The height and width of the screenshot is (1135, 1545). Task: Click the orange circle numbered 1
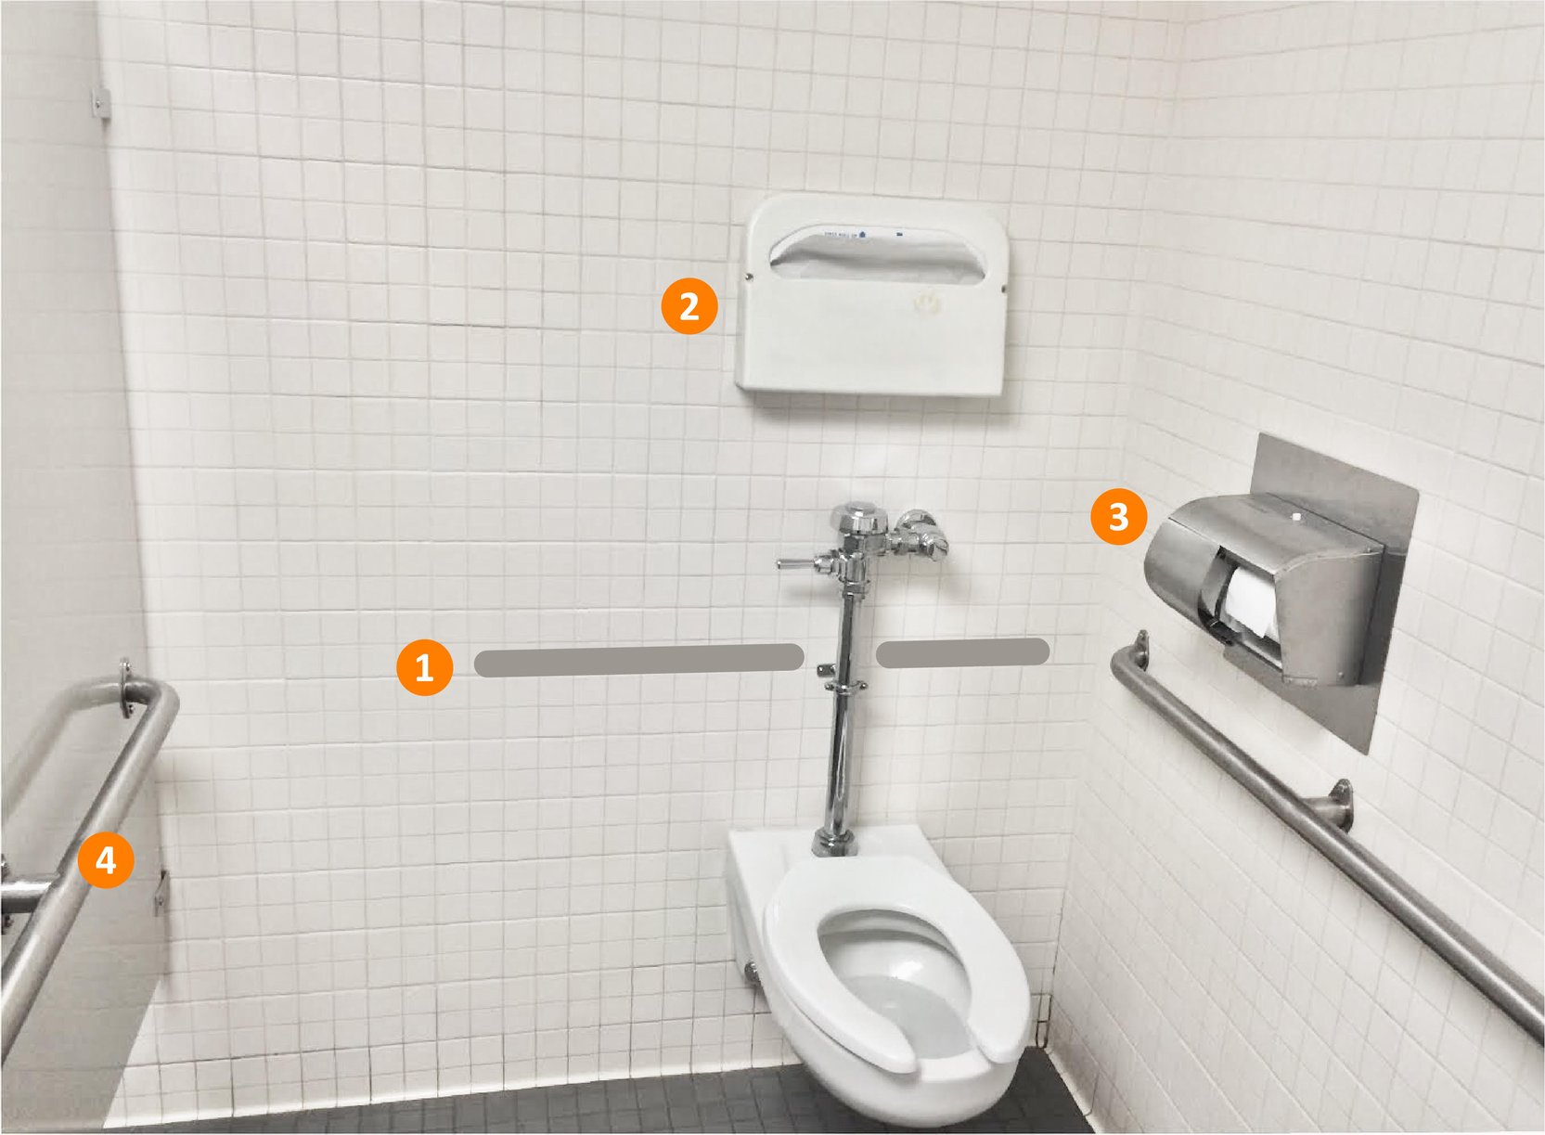tap(424, 667)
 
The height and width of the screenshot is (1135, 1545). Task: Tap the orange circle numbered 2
tap(689, 306)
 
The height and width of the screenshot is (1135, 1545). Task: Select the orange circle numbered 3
tap(1118, 516)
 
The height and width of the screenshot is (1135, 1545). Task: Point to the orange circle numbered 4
tap(106, 860)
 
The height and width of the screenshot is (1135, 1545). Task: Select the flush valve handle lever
tap(796, 563)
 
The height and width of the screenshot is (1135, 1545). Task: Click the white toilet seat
tap(895, 965)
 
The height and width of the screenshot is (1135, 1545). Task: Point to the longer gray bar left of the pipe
tap(638, 660)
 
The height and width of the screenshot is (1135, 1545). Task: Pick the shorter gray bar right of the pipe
tap(962, 653)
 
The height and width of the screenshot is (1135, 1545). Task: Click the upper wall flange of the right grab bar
tap(1140, 646)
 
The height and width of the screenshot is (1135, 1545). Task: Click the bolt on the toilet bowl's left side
tap(750, 972)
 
